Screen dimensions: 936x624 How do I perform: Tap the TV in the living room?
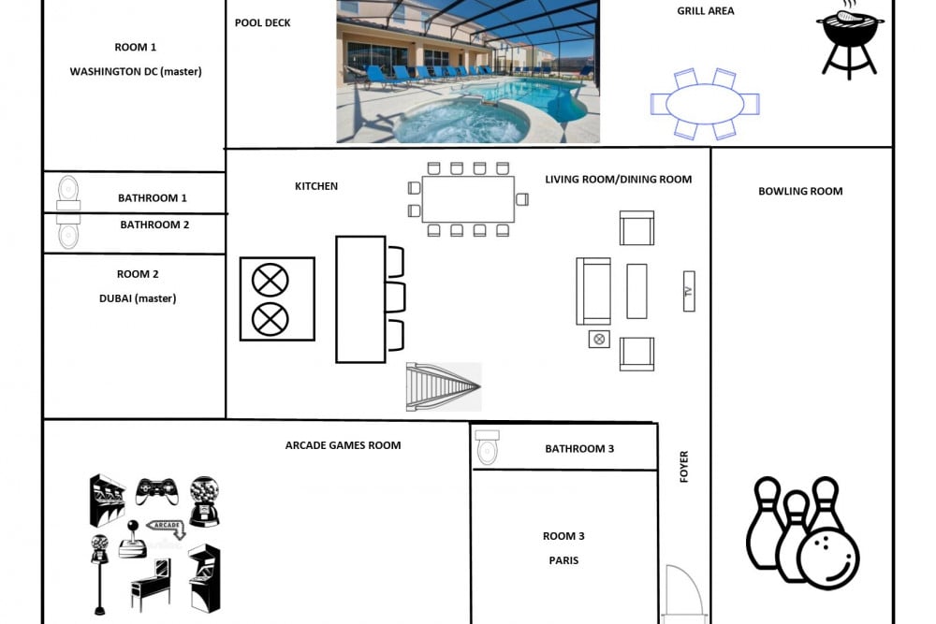click(689, 291)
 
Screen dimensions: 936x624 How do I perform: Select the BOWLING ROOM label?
click(800, 192)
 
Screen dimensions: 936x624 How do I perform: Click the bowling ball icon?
click(827, 556)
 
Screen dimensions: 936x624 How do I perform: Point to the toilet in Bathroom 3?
click(487, 447)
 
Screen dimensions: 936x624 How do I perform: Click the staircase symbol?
click(444, 386)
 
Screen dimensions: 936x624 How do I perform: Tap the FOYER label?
click(684, 467)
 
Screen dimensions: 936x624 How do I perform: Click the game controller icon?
click(157, 490)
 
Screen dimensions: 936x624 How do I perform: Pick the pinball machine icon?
click(151, 585)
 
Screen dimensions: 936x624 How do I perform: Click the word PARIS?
click(563, 560)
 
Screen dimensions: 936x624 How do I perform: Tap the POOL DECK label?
click(263, 22)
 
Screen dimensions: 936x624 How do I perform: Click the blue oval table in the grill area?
click(705, 104)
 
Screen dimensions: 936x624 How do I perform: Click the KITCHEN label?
click(316, 186)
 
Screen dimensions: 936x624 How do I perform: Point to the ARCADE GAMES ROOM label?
click(343, 445)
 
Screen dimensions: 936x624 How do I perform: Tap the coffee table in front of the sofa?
click(636, 291)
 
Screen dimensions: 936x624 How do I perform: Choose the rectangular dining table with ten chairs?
click(468, 199)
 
